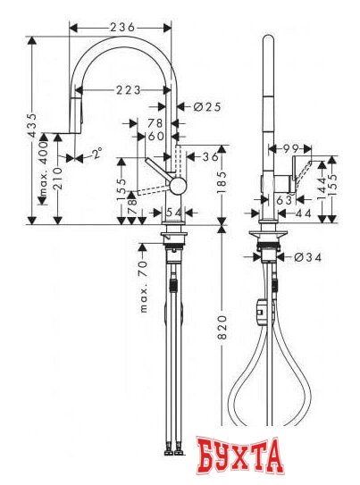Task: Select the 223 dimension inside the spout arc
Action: tap(128, 88)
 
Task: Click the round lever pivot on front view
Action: tap(179, 185)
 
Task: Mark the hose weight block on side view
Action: tap(260, 311)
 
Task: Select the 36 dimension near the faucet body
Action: tap(210, 156)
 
